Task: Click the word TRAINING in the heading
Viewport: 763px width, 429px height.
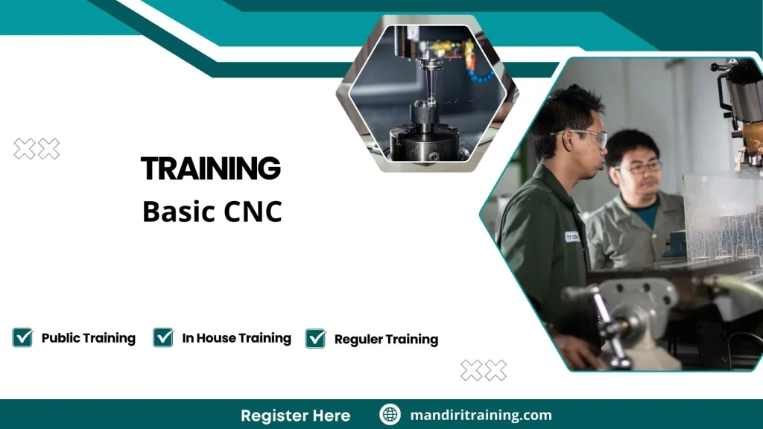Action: click(x=211, y=169)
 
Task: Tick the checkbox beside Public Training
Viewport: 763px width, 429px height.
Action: click(x=22, y=338)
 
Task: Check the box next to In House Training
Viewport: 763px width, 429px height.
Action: click(x=163, y=338)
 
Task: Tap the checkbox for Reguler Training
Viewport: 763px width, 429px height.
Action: click(x=316, y=339)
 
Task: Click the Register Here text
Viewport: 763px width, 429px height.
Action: click(x=295, y=415)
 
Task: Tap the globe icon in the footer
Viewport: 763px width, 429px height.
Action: click(x=390, y=415)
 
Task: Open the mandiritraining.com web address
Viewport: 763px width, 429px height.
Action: click(x=481, y=415)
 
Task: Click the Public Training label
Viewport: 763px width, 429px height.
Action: click(x=88, y=338)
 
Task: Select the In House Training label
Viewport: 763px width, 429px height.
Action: click(x=236, y=338)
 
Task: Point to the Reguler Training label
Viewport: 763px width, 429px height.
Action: click(x=386, y=340)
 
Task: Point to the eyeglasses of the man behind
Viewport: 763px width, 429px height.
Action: click(x=639, y=168)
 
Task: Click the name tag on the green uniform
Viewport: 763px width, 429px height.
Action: click(x=572, y=237)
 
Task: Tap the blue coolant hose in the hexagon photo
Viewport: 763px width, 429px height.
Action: click(x=477, y=71)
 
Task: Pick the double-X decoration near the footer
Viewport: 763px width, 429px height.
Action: click(x=484, y=370)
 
